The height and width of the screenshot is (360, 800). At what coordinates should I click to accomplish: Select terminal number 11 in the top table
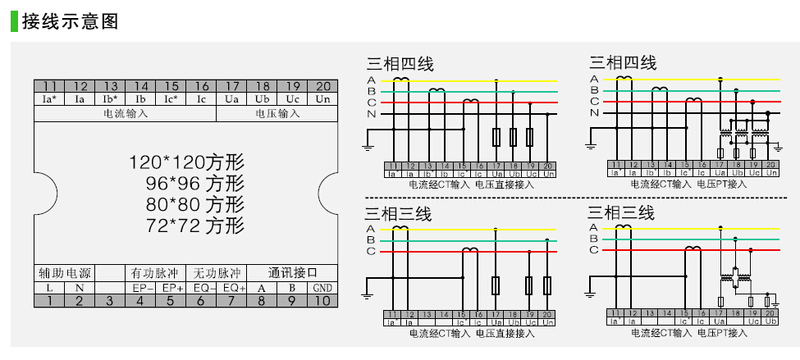pos(49,86)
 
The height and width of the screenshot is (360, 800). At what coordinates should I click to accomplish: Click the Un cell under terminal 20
pos(322,99)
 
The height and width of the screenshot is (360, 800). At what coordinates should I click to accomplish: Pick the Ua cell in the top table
pos(231,99)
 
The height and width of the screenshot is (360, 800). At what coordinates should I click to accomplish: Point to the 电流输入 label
pos(126,113)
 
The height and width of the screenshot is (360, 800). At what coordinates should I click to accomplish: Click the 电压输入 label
pos(277,113)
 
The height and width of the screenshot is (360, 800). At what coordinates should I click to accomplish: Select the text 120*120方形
pos(186,162)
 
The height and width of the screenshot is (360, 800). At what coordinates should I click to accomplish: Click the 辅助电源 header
pos(64,272)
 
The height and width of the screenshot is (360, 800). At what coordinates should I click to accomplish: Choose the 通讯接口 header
pos(292,272)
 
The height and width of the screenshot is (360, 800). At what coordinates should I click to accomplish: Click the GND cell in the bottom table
pos(322,288)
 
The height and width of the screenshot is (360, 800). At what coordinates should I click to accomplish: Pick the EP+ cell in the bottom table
pos(171,288)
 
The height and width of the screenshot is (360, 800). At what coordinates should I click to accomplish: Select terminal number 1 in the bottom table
pos(49,301)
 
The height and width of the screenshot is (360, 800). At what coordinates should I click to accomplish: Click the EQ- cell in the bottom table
pos(202,288)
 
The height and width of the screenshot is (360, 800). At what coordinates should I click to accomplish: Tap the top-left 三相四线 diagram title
pos(400,63)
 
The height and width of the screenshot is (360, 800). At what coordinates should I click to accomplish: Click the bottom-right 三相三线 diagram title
pos(621,213)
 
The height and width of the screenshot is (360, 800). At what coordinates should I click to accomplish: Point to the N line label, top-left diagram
pos(371,114)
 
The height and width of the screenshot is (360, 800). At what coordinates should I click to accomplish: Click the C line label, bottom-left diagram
pos(371,251)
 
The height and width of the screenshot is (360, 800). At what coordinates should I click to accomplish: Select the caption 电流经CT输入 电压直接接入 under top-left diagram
pos(471,185)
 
